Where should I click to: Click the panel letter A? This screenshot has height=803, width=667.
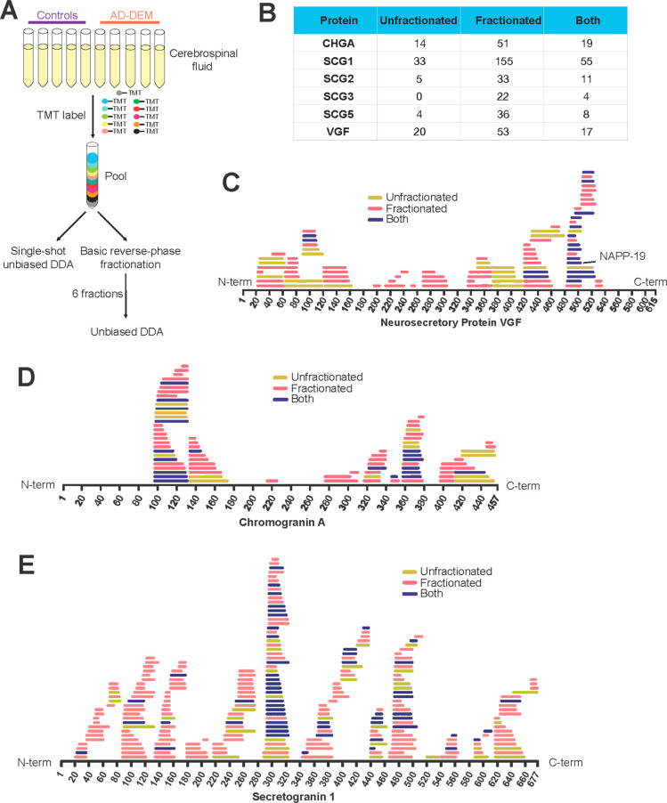click(12, 12)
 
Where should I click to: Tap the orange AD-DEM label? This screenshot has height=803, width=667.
click(129, 14)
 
